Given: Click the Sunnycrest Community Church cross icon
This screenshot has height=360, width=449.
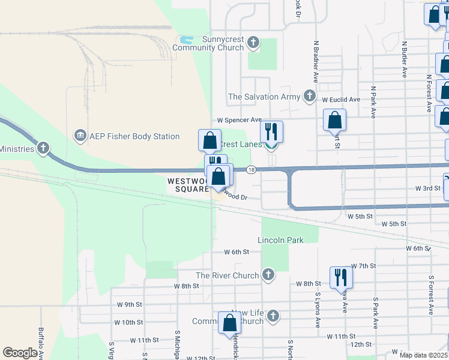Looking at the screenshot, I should (x=253, y=43).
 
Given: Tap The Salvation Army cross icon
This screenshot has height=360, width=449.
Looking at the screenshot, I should (x=309, y=96).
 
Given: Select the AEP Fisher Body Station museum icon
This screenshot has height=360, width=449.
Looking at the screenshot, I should (x=79, y=136).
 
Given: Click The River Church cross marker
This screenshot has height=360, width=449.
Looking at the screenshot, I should (x=268, y=275).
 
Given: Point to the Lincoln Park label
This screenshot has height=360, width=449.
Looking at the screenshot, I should (x=280, y=240).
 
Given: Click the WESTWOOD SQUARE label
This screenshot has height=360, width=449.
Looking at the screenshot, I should (x=188, y=185).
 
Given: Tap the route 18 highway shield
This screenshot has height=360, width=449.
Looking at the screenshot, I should (x=251, y=170).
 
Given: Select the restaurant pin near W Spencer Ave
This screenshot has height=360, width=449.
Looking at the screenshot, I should (x=272, y=131).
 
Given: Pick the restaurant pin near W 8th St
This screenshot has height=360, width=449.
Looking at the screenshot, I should (x=340, y=277).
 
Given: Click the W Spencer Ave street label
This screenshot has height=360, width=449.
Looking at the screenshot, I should (x=240, y=119).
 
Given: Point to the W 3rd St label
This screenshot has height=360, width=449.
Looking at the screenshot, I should (x=428, y=188).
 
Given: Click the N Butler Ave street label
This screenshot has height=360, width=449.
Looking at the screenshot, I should (x=405, y=59).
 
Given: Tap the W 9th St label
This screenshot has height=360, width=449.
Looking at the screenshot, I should (x=130, y=304).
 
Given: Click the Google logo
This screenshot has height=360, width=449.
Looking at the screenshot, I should (x=20, y=352).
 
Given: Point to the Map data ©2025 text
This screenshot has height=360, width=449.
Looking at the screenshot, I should (x=423, y=355).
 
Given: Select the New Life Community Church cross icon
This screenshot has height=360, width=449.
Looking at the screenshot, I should (x=273, y=315).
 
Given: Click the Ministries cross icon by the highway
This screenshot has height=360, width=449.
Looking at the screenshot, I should (x=43, y=148).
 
